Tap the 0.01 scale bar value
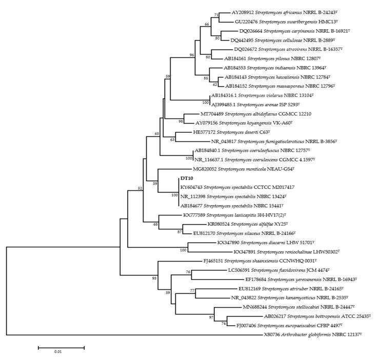(61, 352)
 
